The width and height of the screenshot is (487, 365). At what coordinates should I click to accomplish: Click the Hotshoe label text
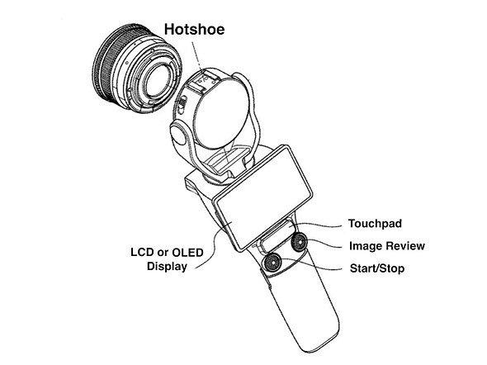(x=195, y=29)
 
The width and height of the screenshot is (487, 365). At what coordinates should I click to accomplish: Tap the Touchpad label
(x=375, y=223)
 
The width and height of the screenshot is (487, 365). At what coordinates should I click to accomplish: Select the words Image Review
(x=387, y=246)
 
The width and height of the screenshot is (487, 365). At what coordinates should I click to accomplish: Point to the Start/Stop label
(x=377, y=268)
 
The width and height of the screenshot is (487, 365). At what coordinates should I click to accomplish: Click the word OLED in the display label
(x=187, y=252)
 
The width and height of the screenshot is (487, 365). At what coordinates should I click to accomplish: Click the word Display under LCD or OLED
(x=167, y=266)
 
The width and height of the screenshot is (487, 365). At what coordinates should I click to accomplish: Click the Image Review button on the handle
(x=300, y=242)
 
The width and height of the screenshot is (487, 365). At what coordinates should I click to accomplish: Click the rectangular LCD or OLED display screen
(x=264, y=198)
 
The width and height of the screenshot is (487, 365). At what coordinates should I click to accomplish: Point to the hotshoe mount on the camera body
(x=203, y=81)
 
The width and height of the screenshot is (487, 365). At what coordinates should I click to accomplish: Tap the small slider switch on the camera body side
(x=183, y=103)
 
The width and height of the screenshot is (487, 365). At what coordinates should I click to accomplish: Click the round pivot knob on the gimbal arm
(x=177, y=133)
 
